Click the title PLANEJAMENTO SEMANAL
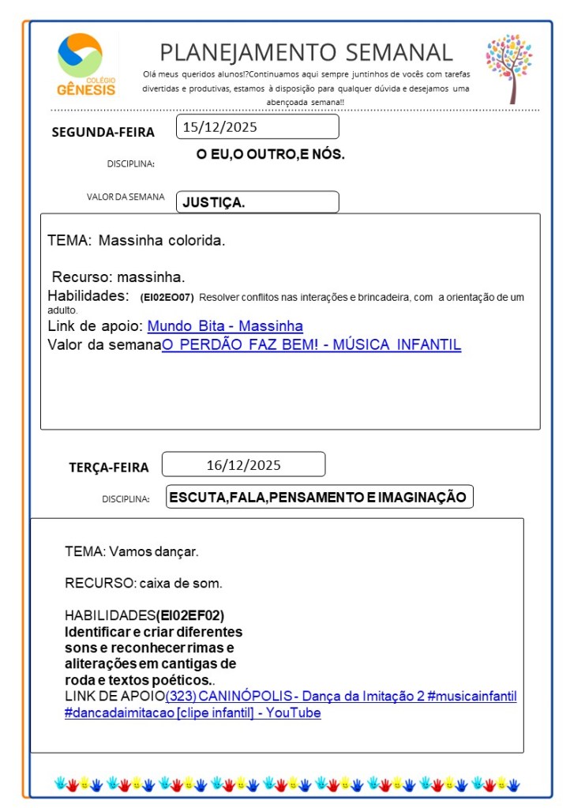point(306,52)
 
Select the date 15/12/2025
point(220,126)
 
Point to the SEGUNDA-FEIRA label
point(103,132)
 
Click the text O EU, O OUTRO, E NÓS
point(270,154)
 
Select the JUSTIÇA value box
point(257,202)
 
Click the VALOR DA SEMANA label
point(126,197)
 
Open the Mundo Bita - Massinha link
point(225,326)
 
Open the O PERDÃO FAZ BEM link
point(311,345)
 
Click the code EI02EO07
point(167,298)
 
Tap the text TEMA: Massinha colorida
point(136,240)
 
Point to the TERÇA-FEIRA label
point(108,467)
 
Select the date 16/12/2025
point(243,464)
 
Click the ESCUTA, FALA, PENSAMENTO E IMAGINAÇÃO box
point(319,497)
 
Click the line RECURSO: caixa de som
point(143,584)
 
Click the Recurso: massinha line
point(118,277)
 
